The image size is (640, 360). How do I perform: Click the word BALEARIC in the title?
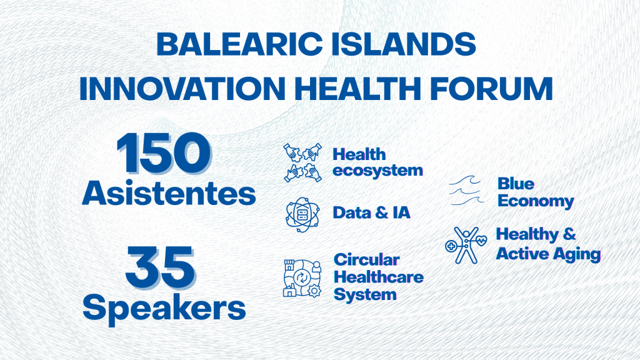click(x=239, y=44)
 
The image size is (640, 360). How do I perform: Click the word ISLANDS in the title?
click(x=403, y=44)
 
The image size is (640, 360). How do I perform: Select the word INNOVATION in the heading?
click(x=182, y=88)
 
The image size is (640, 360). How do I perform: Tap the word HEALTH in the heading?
click(x=357, y=88)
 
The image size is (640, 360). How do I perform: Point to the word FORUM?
click(x=491, y=88)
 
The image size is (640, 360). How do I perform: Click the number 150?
click(x=164, y=153)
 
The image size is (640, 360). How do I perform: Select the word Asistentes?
click(x=169, y=193)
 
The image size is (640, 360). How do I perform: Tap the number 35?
click(x=161, y=267)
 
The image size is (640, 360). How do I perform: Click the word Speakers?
click(x=164, y=308)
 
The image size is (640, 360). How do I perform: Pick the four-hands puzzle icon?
click(x=302, y=162)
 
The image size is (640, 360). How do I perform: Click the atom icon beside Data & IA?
click(x=302, y=214)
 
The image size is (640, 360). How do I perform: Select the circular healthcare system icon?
click(x=302, y=278)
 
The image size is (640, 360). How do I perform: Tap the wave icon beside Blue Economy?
click(x=466, y=191)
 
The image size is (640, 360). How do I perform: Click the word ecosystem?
click(x=378, y=171)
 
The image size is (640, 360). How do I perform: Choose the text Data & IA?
click(x=371, y=212)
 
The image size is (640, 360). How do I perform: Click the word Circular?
click(x=367, y=259)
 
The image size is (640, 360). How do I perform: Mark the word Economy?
click(x=536, y=201)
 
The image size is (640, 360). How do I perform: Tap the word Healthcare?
click(x=379, y=277)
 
